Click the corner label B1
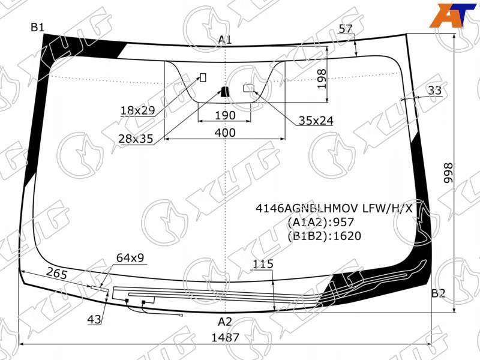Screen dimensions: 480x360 pyautogui.click(x=38, y=28)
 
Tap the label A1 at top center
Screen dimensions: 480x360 pyautogui.click(x=225, y=40)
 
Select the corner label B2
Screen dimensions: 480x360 pyautogui.click(x=438, y=293)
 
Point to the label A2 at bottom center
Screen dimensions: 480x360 pyautogui.click(x=225, y=322)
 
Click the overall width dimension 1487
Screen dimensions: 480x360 pyautogui.click(x=226, y=337)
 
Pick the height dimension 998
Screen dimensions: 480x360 pyautogui.click(x=448, y=173)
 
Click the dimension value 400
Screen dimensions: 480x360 pyautogui.click(x=225, y=133)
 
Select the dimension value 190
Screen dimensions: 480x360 pyautogui.click(x=225, y=115)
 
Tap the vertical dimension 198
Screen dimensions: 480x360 pyautogui.click(x=322, y=79)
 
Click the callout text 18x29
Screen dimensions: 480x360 pyautogui.click(x=138, y=110)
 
